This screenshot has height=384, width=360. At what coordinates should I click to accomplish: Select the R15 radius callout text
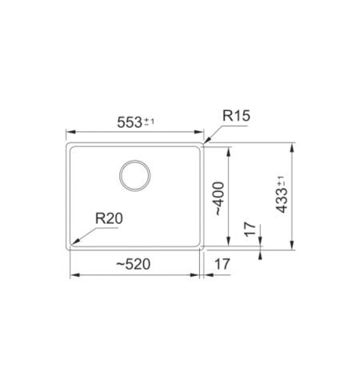tap(237, 117)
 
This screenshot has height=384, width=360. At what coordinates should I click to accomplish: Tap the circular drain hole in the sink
tap(134, 174)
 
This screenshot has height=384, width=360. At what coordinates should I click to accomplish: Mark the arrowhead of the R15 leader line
tap(206, 142)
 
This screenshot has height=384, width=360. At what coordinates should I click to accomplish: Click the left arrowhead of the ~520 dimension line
tap(74, 274)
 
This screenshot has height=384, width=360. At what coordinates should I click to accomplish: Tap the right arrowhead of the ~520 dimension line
tap(197, 274)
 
